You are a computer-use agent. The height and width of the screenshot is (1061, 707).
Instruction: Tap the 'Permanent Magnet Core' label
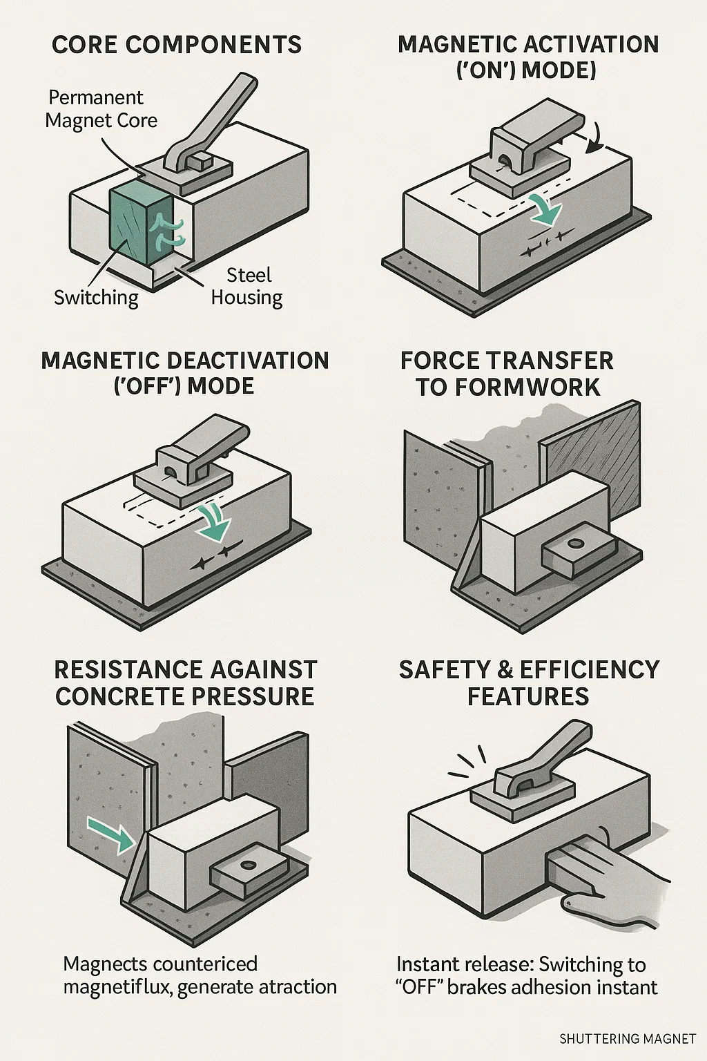[101, 109]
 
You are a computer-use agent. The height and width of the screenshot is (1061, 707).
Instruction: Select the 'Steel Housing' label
[247, 287]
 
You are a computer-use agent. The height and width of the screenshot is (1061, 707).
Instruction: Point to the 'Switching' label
[96, 298]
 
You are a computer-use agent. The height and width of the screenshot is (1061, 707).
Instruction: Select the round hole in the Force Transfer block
[576, 544]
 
